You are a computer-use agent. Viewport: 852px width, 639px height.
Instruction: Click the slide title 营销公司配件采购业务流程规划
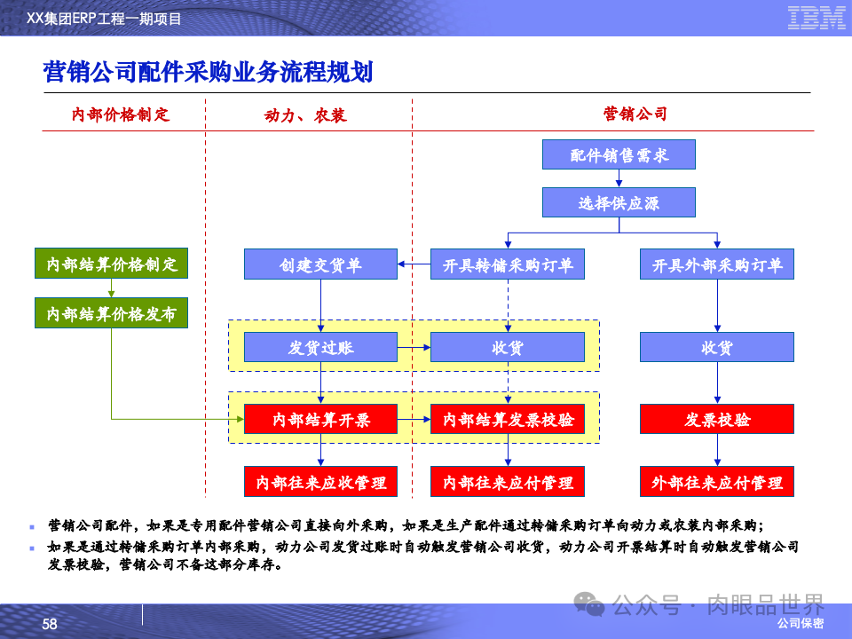click(208, 73)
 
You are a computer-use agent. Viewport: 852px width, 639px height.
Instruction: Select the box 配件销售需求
click(619, 155)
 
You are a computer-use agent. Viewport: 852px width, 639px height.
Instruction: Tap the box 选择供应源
click(619, 203)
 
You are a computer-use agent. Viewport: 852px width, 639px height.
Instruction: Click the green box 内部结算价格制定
click(112, 264)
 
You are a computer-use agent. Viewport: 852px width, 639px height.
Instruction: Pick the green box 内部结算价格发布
click(112, 313)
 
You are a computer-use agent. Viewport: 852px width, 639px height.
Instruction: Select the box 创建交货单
click(320, 264)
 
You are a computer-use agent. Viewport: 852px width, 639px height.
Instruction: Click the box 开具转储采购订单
click(508, 264)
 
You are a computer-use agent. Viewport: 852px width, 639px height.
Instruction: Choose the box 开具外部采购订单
click(717, 264)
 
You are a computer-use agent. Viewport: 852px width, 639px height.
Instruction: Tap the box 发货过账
click(320, 347)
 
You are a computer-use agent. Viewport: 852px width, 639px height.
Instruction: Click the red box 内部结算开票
click(320, 419)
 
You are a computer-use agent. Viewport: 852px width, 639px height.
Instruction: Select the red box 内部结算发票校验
click(508, 419)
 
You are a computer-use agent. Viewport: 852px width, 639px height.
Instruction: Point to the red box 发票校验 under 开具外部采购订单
click(717, 419)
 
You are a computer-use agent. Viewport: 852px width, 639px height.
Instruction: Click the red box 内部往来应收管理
click(320, 482)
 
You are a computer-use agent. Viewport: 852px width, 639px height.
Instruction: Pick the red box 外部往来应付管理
click(717, 482)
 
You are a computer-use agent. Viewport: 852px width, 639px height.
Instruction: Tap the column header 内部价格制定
click(121, 114)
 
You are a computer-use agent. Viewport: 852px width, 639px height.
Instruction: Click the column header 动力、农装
click(305, 115)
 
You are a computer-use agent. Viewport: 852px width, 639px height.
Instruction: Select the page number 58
click(50, 624)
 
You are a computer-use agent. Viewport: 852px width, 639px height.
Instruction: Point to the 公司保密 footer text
click(800, 624)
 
